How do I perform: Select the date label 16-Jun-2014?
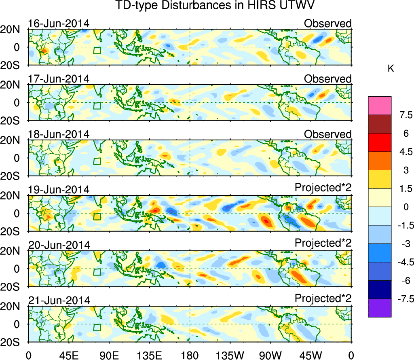58,23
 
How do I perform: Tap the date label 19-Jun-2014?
58,190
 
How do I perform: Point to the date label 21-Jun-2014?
58,301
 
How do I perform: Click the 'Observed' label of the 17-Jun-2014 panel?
327,79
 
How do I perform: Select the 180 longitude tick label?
190,356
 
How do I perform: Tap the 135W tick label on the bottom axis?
230,356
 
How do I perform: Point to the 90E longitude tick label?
109,356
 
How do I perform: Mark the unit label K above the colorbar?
391,69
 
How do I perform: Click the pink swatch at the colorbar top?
380,106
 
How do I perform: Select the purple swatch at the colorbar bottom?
380,308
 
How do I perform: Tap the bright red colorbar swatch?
380,142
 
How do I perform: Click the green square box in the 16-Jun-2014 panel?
97,50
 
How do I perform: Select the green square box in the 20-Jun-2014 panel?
97,272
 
